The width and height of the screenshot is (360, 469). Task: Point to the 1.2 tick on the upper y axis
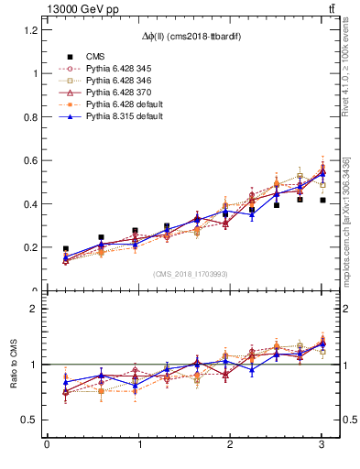[x=30, y=29]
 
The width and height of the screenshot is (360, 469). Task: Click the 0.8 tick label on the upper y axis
[x=30, y=116]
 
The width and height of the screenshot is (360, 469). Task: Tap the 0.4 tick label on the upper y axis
[x=30, y=203]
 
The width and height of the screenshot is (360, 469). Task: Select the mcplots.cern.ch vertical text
[x=347, y=220]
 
